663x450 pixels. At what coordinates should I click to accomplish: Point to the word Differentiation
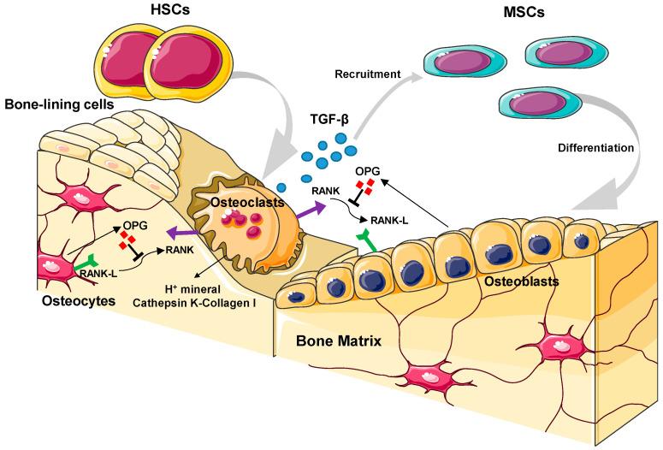(595, 147)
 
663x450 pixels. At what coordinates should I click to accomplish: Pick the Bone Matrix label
(339, 340)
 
